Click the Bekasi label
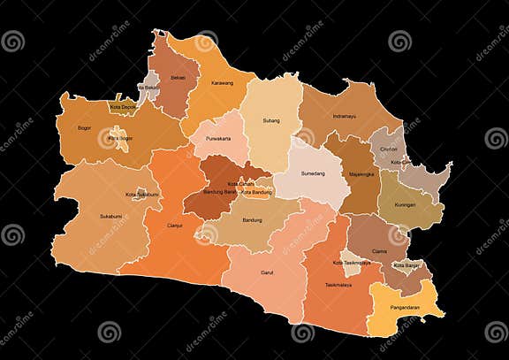coord(179,80)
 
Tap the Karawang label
coord(222,83)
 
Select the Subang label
coord(270,120)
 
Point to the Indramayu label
coord(344,116)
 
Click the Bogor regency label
coord(85,127)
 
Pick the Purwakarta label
coord(217,139)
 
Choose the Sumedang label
coord(306,174)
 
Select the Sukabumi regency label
coord(110,215)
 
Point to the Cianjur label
coord(175,225)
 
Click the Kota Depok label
coord(122,107)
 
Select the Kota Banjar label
coord(407,265)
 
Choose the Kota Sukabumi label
coord(142,195)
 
